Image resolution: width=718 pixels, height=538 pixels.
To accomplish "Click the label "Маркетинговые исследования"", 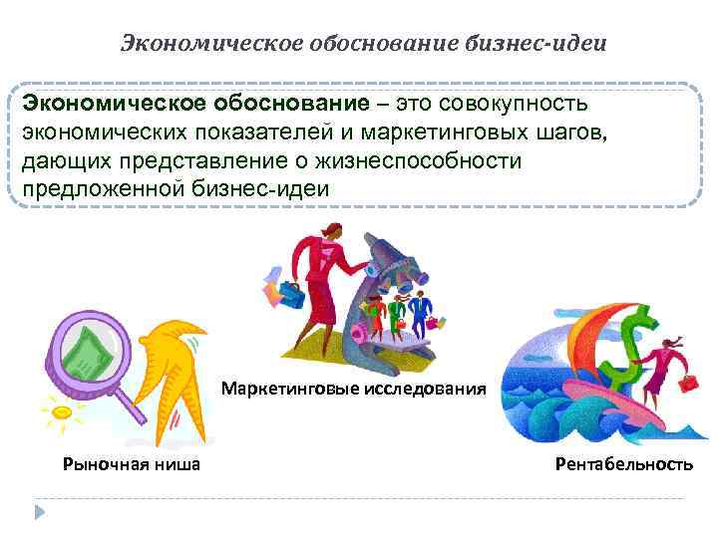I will [x=354, y=388].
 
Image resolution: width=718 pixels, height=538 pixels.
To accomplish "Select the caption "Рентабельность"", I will [x=625, y=463].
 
